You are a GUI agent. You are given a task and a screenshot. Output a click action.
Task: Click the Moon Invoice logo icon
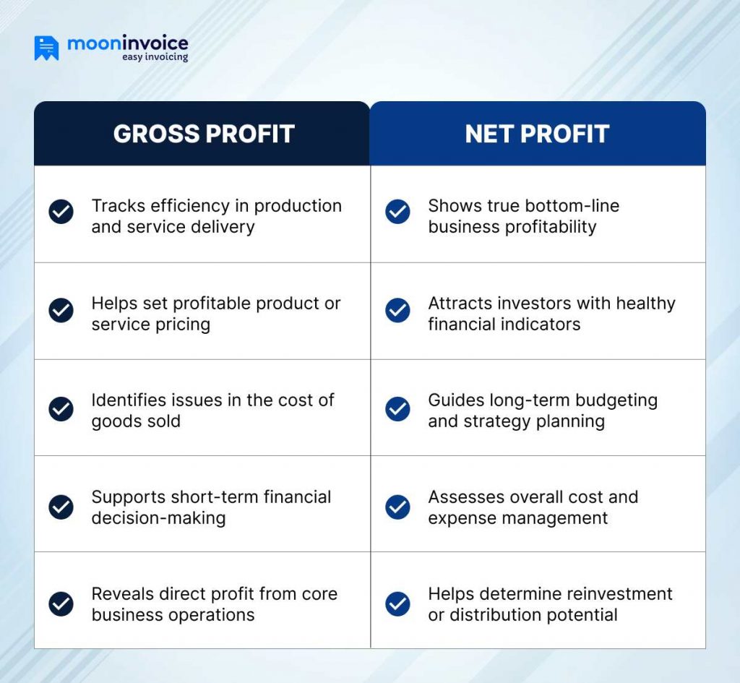point(46,48)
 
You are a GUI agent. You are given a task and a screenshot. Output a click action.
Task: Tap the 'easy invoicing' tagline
point(155,57)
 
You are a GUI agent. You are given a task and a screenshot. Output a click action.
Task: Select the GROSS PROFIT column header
point(204,134)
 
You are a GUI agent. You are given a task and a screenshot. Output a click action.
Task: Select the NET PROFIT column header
point(537,134)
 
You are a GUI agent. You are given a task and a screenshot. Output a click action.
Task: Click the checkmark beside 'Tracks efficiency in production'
point(61,212)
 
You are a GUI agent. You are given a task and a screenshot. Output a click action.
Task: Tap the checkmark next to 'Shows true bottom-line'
point(397,212)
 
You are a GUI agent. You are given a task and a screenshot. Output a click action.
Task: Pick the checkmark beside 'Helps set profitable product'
point(61,310)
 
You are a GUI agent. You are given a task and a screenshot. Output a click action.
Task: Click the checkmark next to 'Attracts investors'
point(397,310)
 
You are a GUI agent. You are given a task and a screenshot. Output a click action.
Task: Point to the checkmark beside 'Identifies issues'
point(61,408)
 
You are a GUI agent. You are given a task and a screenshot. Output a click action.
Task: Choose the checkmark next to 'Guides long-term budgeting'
point(397,408)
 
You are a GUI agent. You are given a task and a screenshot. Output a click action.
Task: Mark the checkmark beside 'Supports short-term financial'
point(61,507)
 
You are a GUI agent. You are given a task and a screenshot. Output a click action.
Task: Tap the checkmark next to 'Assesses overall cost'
point(397,507)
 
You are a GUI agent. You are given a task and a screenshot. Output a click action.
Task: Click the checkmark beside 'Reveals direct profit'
point(61,603)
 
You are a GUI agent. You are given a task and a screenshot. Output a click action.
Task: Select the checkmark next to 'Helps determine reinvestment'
point(397,603)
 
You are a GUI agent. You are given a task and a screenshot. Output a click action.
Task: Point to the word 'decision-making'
point(158,518)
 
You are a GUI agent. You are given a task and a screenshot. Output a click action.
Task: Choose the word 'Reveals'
point(117,594)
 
